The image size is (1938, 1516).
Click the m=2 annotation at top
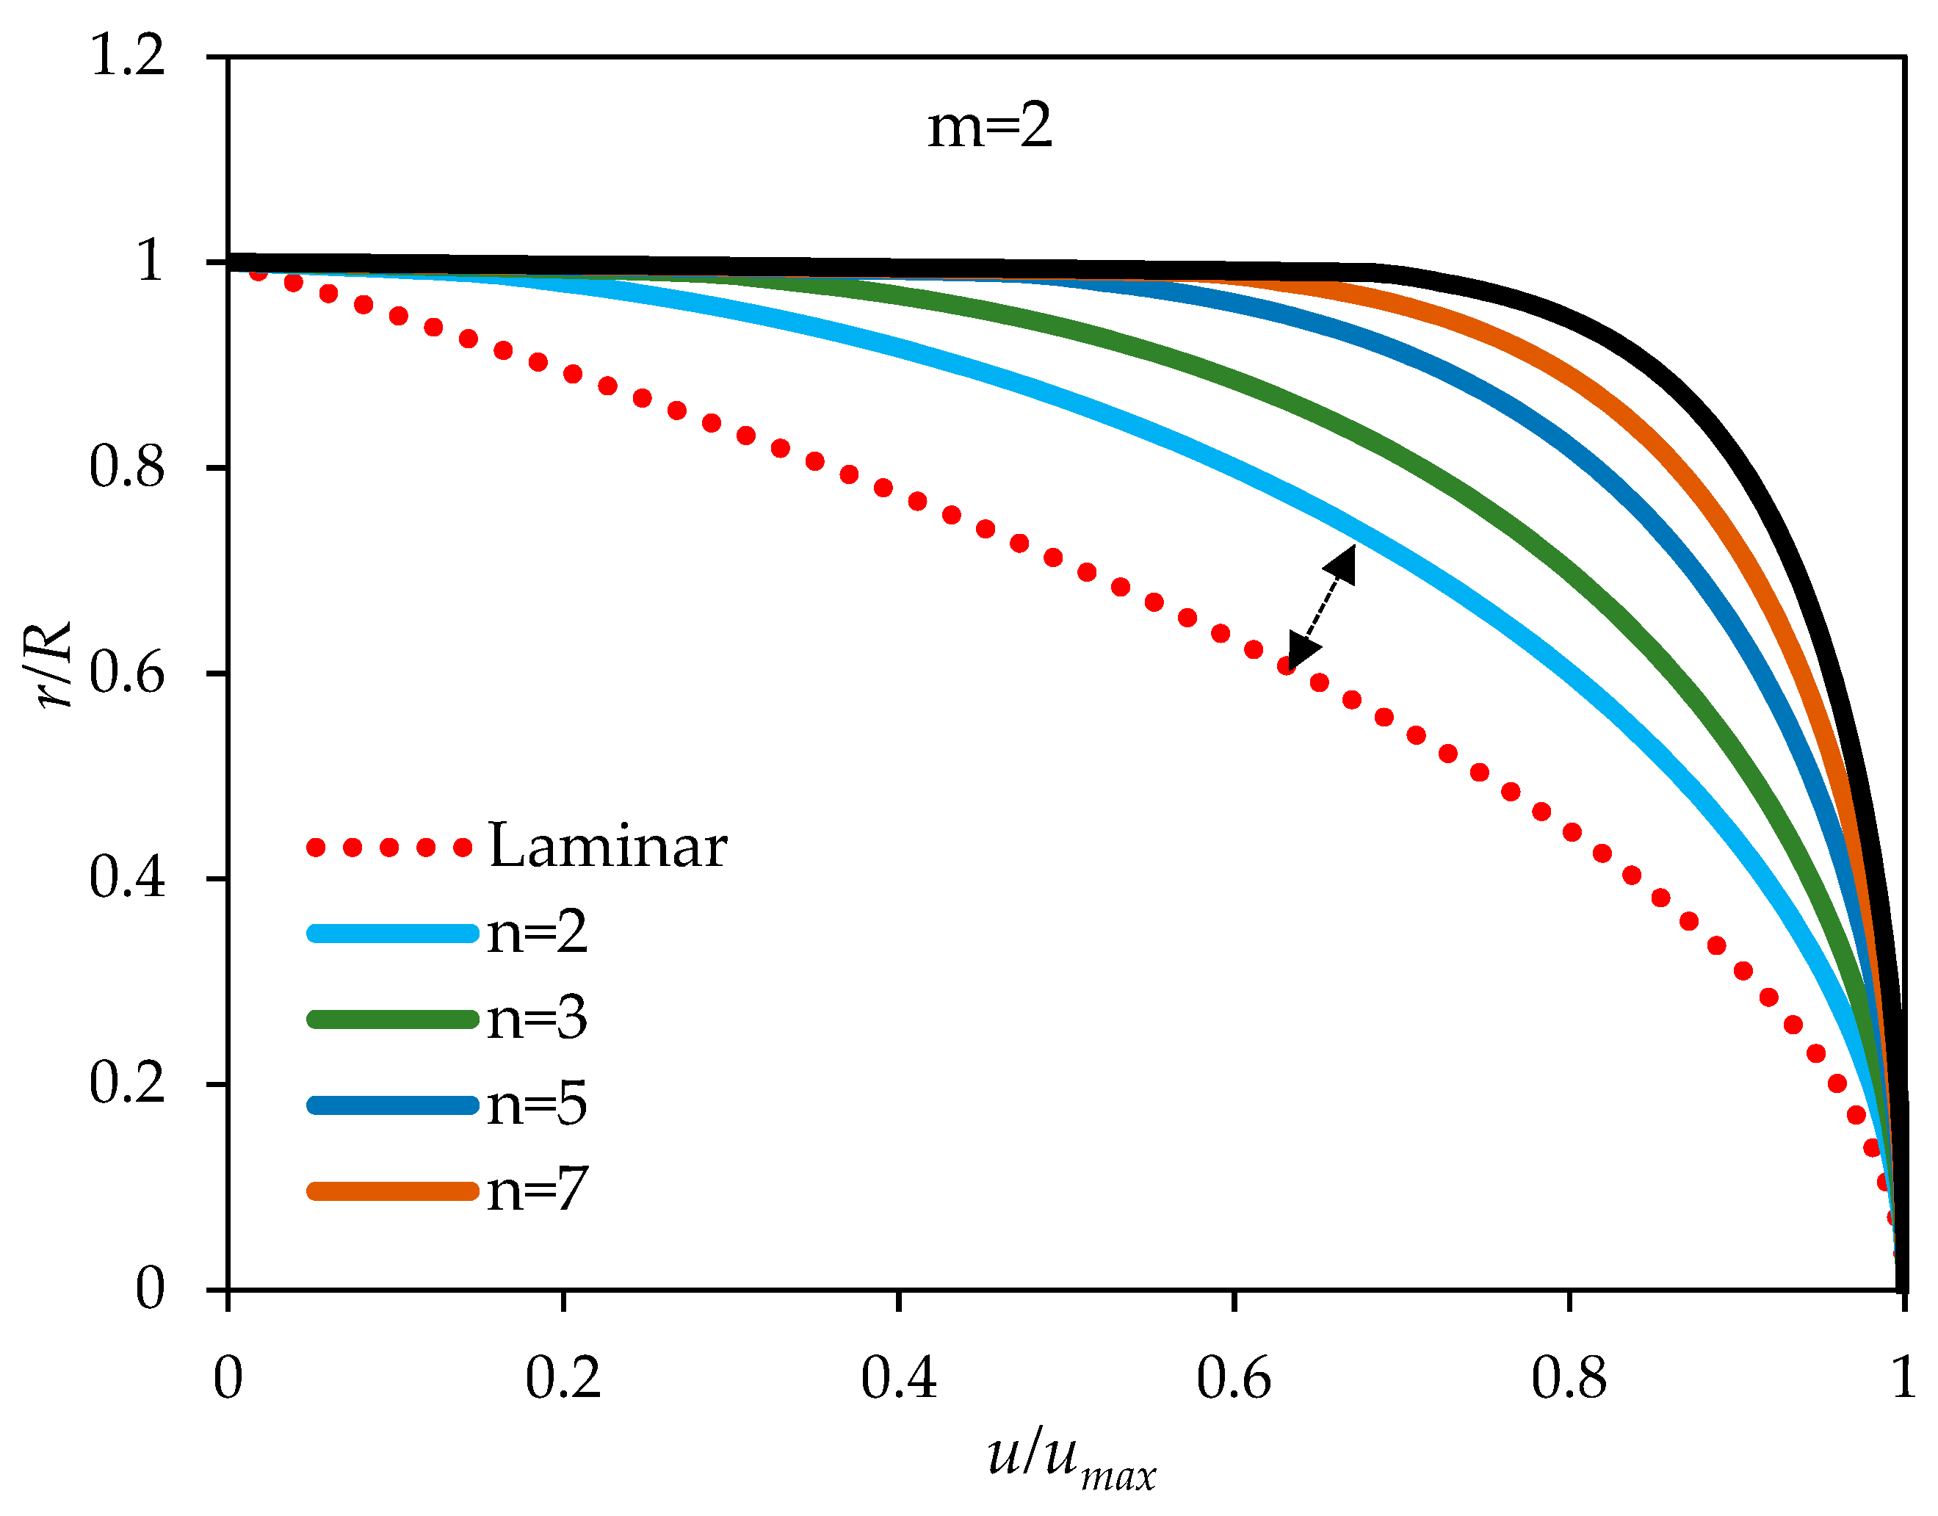(989, 126)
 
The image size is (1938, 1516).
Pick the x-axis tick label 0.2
(563, 1379)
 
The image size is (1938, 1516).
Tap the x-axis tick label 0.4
(898, 1379)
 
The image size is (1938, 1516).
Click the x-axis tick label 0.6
(1234, 1379)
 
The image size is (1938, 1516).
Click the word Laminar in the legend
(608, 846)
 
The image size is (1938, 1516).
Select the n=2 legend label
(537, 932)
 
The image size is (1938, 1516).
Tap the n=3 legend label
(537, 1018)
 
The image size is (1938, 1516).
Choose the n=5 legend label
(537, 1104)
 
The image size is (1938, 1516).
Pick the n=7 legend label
(537, 1191)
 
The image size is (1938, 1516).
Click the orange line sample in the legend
(392, 1191)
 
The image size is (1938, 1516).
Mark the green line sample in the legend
(392, 1019)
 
